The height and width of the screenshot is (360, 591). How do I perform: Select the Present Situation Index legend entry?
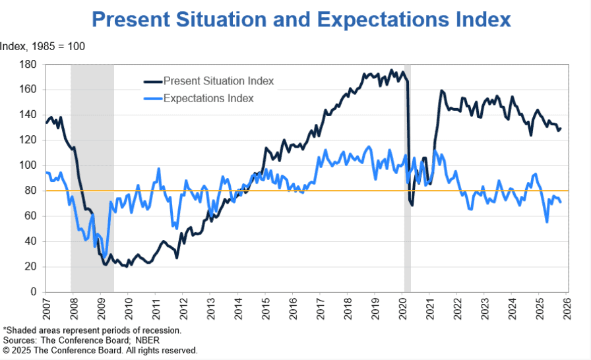click(x=218, y=81)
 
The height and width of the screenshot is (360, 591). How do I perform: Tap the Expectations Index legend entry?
click(x=208, y=98)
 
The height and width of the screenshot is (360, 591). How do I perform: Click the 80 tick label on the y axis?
click(x=30, y=191)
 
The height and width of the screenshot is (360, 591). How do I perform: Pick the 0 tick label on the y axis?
click(x=32, y=292)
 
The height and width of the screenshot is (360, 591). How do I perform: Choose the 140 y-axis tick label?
click(x=27, y=115)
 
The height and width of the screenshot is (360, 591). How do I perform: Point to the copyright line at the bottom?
click(x=100, y=350)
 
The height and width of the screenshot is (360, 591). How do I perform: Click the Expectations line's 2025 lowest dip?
click(x=547, y=222)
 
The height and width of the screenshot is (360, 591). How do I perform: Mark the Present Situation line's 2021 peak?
click(x=441, y=90)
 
